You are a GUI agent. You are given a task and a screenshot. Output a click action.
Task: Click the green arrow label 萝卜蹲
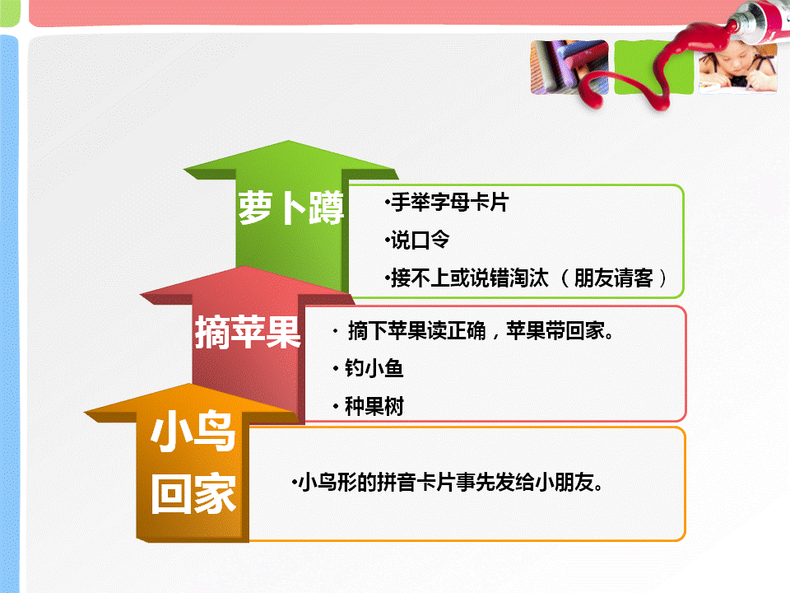290,208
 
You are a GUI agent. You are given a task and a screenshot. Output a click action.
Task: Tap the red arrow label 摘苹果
248,332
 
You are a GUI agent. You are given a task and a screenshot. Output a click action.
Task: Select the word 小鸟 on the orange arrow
193,431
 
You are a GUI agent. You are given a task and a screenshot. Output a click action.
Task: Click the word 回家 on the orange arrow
193,493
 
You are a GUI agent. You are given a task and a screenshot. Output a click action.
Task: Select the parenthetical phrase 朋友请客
613,278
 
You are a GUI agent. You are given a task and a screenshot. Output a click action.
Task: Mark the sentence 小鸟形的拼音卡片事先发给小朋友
447,482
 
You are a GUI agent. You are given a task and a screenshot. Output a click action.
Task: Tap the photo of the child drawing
737,68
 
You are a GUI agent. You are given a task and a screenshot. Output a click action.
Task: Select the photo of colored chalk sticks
569,67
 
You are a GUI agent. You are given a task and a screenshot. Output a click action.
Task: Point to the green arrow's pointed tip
288,141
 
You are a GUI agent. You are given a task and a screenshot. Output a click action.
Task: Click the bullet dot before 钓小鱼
336,369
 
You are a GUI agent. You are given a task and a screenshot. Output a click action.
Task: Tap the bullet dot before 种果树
336,406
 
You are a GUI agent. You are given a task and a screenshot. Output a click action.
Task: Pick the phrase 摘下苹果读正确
417,331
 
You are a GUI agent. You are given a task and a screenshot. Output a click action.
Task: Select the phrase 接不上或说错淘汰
470,278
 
